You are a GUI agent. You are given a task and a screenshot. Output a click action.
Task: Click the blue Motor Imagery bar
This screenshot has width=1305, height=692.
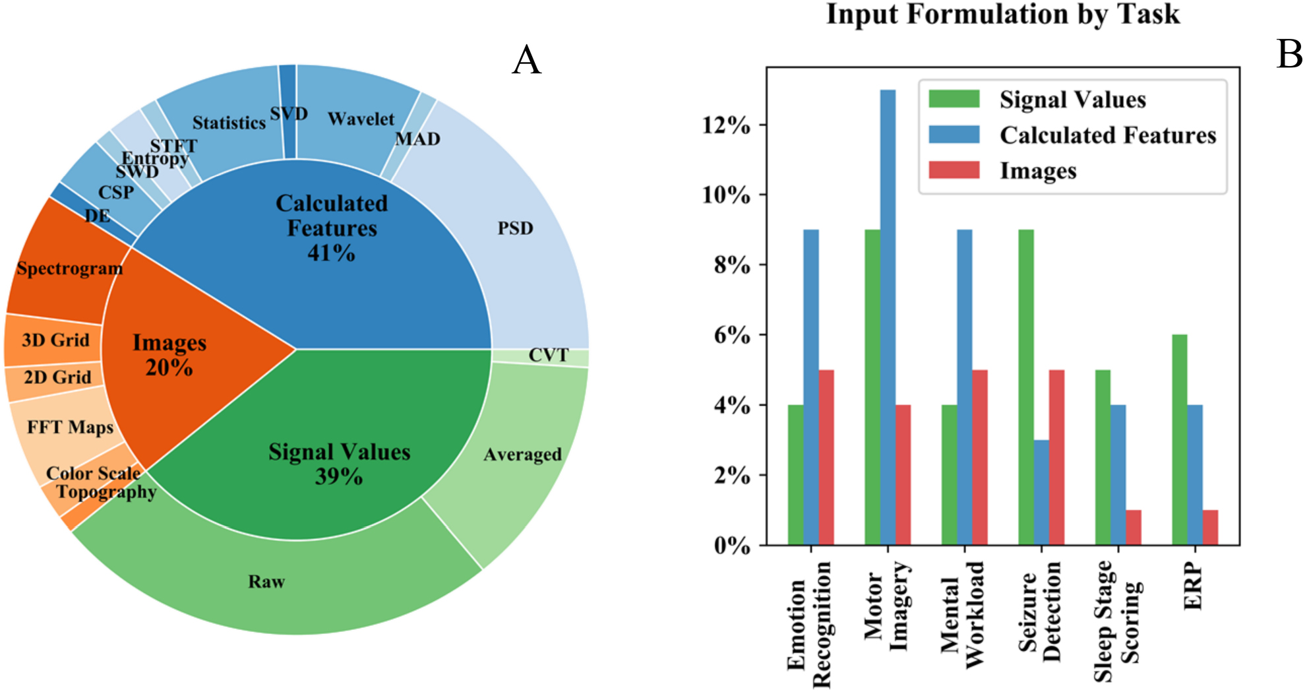(x=888, y=317)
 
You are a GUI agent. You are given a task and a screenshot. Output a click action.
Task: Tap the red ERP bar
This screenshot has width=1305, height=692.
(x=1210, y=527)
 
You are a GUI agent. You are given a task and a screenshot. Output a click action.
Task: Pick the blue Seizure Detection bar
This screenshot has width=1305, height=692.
(x=1041, y=492)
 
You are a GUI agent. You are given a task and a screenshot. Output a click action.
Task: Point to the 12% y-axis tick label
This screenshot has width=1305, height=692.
(x=726, y=125)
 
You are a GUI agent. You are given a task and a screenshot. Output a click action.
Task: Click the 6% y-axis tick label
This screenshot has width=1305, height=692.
(x=732, y=335)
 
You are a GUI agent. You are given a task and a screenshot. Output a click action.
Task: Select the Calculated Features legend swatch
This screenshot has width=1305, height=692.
(x=954, y=135)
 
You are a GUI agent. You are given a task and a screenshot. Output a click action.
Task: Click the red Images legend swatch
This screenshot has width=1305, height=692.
(x=954, y=170)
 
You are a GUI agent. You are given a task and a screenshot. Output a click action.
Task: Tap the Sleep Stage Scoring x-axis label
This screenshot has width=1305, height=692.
(x=1117, y=620)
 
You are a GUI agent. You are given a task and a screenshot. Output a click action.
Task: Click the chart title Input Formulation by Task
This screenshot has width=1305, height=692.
(x=1003, y=15)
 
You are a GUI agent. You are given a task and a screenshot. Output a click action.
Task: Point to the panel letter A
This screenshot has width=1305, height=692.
(x=526, y=60)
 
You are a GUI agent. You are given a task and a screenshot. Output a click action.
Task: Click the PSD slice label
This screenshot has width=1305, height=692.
(x=515, y=228)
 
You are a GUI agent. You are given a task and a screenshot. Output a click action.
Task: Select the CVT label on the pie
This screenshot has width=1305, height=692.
(x=548, y=356)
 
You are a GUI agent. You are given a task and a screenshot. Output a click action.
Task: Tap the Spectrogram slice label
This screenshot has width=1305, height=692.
(x=69, y=268)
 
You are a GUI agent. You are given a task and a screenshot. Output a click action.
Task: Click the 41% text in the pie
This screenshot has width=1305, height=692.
(x=331, y=253)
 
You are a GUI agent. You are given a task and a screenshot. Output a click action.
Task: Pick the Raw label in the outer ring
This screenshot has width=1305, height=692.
(x=266, y=581)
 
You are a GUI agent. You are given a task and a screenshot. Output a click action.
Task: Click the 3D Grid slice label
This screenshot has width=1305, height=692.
(x=55, y=340)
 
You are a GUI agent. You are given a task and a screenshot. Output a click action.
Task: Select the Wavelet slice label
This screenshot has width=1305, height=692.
(x=361, y=119)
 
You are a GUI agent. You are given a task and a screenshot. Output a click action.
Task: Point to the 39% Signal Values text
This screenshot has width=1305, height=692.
(x=339, y=476)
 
